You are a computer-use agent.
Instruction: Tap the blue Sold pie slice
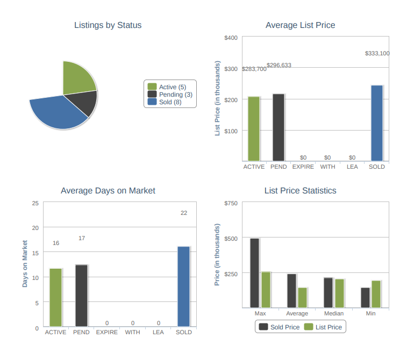pos(56,112)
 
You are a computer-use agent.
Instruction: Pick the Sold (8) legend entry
pos(170,102)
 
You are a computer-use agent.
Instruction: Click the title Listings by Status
pos(108,25)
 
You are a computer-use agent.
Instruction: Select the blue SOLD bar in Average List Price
pos(377,123)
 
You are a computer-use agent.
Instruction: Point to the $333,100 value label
pos(377,53)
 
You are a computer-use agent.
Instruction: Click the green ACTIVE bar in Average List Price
pos(254,129)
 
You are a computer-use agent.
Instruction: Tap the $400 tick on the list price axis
pos(231,38)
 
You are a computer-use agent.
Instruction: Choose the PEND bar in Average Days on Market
pos(82,296)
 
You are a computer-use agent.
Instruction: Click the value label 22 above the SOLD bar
pos(184,213)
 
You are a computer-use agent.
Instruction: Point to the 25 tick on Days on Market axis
pos(35,203)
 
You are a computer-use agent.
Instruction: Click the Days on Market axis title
pos(25,263)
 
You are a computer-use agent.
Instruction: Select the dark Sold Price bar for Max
pos(255,273)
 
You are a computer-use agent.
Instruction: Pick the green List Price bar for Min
pos(376,294)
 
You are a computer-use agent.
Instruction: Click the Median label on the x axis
pos(334,313)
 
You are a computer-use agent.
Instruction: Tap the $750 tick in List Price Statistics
pos(231,203)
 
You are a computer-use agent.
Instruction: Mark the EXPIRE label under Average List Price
pos(303,167)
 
